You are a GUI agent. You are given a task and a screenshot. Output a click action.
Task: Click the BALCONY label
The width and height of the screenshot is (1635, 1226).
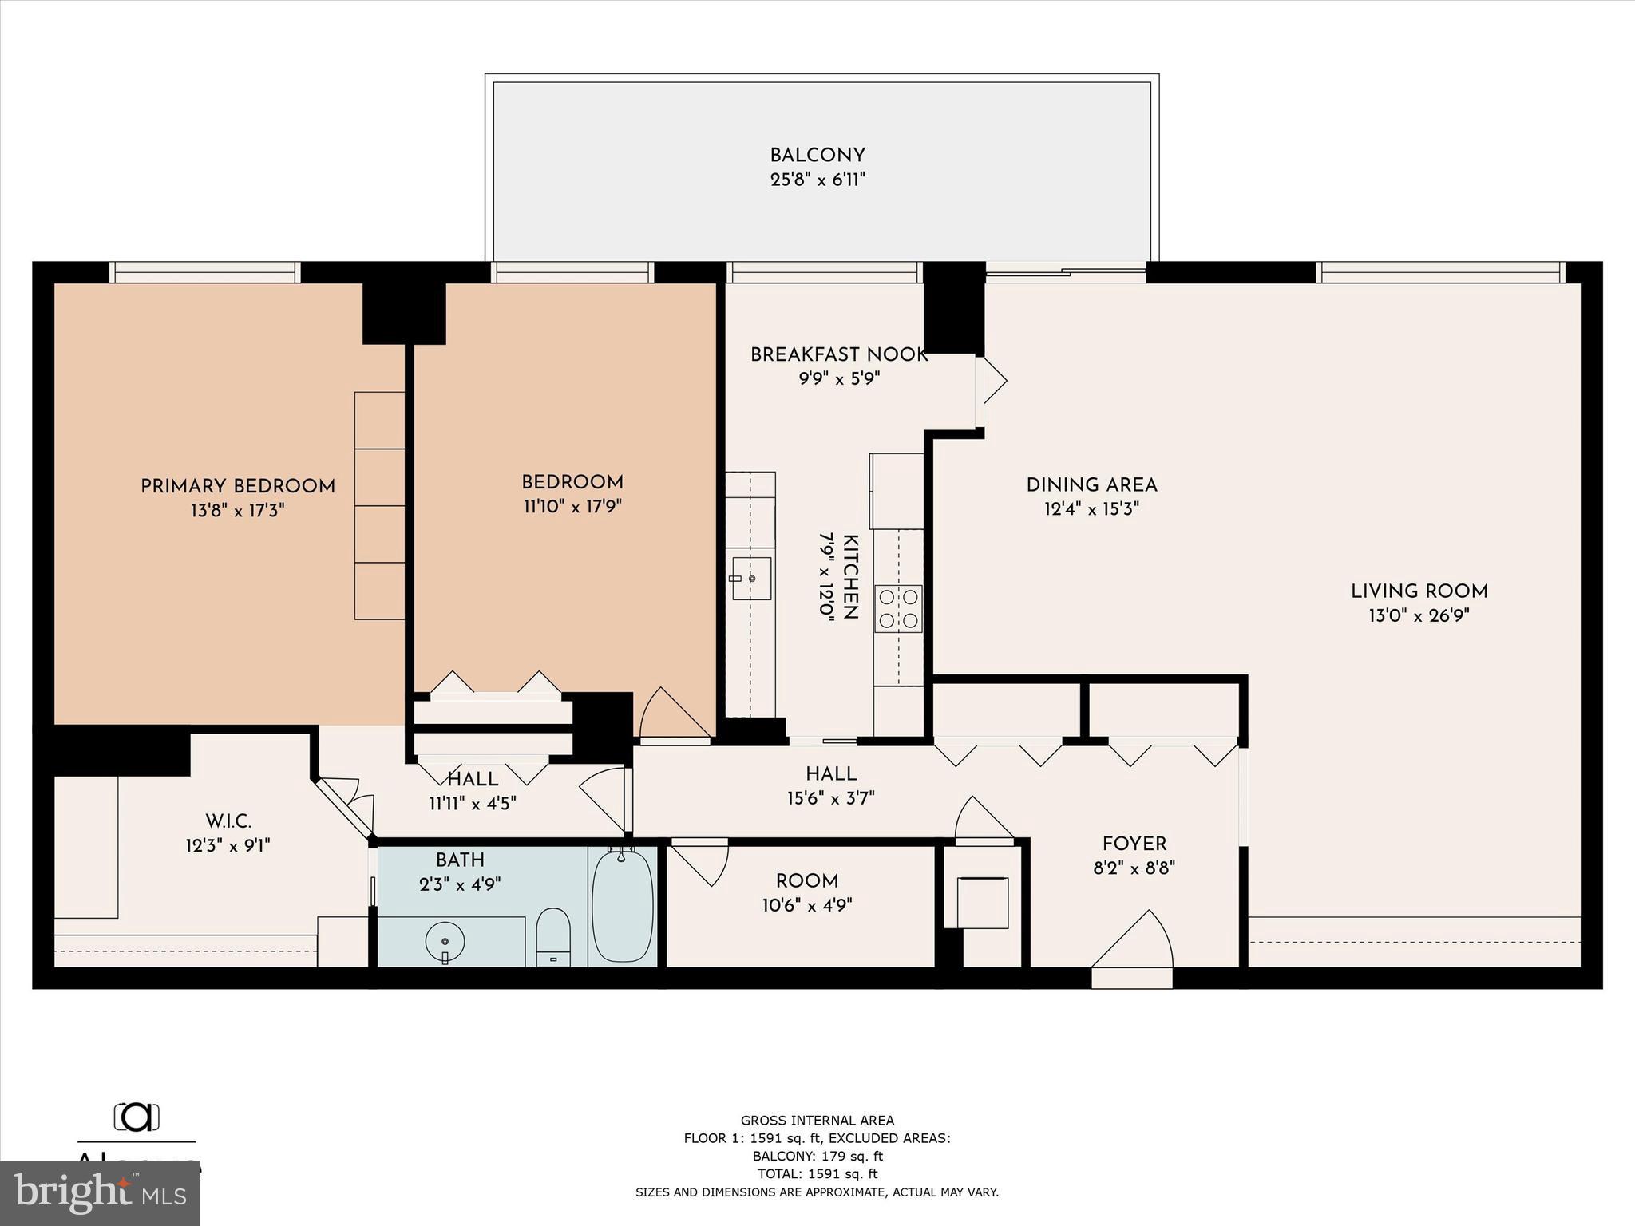pyautogui.click(x=817, y=156)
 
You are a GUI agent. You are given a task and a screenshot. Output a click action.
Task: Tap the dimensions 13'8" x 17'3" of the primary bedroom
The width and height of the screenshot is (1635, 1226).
pyautogui.click(x=237, y=511)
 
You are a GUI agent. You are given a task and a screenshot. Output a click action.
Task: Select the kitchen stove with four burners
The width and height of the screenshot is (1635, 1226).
pyautogui.click(x=899, y=609)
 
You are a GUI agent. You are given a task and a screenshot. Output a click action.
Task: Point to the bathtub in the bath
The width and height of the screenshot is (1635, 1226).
pyautogui.click(x=623, y=908)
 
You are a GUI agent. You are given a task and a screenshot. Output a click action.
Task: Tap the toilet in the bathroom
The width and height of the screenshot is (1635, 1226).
pyautogui.click(x=552, y=935)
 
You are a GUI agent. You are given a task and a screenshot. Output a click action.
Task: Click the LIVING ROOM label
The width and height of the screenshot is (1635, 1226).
pyautogui.click(x=1419, y=591)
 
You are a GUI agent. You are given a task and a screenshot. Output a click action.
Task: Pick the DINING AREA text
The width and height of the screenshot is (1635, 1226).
pyautogui.click(x=1091, y=485)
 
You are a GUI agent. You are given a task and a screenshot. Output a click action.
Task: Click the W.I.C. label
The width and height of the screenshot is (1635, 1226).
pyautogui.click(x=228, y=821)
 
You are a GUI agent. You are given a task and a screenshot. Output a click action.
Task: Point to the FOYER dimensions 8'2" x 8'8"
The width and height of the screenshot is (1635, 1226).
pyautogui.click(x=1134, y=868)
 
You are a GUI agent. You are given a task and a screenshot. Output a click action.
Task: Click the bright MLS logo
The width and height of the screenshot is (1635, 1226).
pyautogui.click(x=100, y=1192)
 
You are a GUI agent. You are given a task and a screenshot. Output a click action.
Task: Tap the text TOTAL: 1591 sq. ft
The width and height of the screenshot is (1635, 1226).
pyautogui.click(x=817, y=1173)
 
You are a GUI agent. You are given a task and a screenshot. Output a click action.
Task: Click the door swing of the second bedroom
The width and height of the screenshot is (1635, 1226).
pyautogui.click(x=675, y=713)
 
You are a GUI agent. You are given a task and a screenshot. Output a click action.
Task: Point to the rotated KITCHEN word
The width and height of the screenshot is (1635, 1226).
pyautogui.click(x=851, y=577)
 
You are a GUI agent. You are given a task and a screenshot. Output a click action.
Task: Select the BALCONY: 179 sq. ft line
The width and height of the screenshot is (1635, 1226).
pyautogui.click(x=817, y=1156)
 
